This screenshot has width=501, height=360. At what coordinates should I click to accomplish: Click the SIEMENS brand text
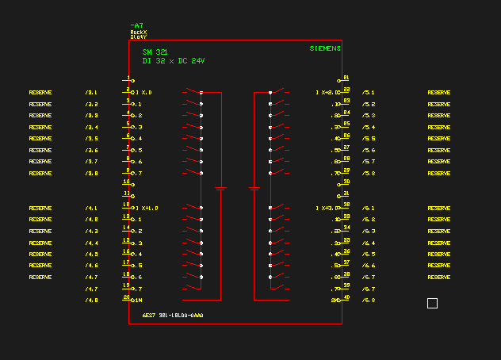coord(325,48)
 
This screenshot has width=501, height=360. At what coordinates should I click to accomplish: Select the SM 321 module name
coord(155,52)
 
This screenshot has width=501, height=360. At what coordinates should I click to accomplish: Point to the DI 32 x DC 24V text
coord(173,60)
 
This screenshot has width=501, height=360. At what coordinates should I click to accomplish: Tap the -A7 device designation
coord(136,25)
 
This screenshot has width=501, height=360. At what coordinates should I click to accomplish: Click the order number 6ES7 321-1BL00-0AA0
coord(173,316)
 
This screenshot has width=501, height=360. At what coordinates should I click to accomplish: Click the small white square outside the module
coord(432,303)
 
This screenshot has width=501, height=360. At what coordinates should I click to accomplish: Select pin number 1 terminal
coord(129,79)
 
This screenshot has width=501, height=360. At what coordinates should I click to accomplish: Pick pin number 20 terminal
coord(127,299)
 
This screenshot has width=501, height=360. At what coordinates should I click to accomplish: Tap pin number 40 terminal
coord(346,299)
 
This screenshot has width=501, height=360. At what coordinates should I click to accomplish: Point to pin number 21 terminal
coord(345,79)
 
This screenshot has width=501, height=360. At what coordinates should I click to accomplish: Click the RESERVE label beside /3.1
coord(40,92)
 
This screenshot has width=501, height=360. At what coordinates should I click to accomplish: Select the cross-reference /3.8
coord(92,173)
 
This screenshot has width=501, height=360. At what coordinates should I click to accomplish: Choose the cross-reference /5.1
coord(368,92)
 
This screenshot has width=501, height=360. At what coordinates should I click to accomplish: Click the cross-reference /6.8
coord(368,301)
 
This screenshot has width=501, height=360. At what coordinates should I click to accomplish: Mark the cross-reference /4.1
coord(91,208)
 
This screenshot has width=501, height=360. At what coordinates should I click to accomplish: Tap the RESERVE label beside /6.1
coord(439,208)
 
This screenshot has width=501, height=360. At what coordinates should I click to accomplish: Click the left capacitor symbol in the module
coord(221,189)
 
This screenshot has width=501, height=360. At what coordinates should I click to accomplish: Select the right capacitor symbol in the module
coord(254,189)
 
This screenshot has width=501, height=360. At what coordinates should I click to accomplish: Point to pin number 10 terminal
coord(127,182)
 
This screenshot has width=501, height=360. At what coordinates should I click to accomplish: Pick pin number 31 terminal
coord(346,194)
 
